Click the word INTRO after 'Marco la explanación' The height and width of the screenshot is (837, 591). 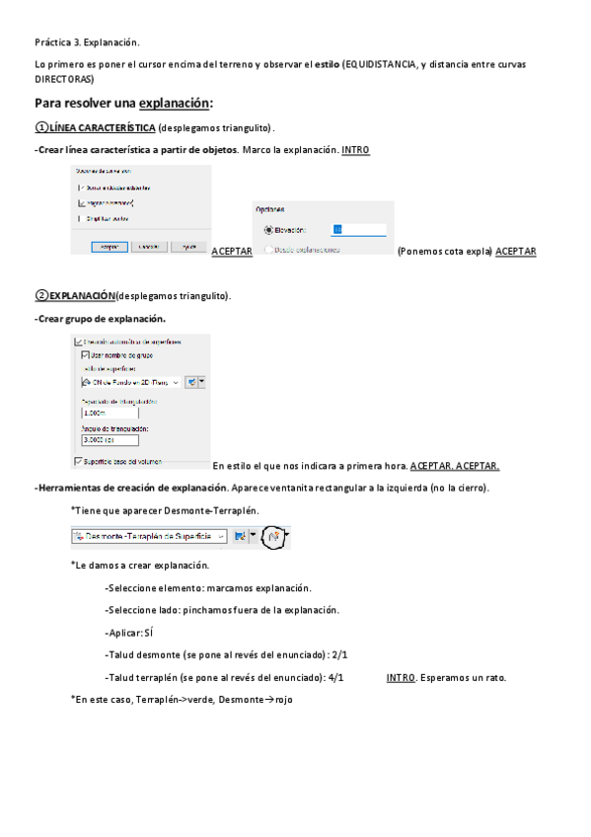click(x=355, y=150)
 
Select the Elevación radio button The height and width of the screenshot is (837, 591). click(x=267, y=229)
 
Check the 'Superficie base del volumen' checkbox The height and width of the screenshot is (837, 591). click(x=79, y=460)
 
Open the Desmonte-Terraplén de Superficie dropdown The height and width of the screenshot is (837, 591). click(x=221, y=536)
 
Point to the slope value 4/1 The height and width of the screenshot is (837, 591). click(x=334, y=678)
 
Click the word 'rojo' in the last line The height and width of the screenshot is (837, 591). click(x=284, y=700)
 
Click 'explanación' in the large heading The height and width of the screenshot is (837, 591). click(x=174, y=104)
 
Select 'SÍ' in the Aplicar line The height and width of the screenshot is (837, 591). click(x=150, y=632)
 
